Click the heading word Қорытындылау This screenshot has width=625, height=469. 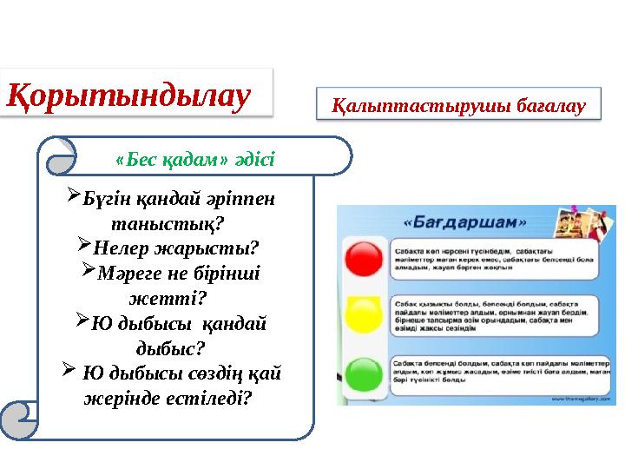130,94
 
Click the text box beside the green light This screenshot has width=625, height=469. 500,372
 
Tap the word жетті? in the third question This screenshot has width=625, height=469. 168,298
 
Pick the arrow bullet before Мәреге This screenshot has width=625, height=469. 88,272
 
